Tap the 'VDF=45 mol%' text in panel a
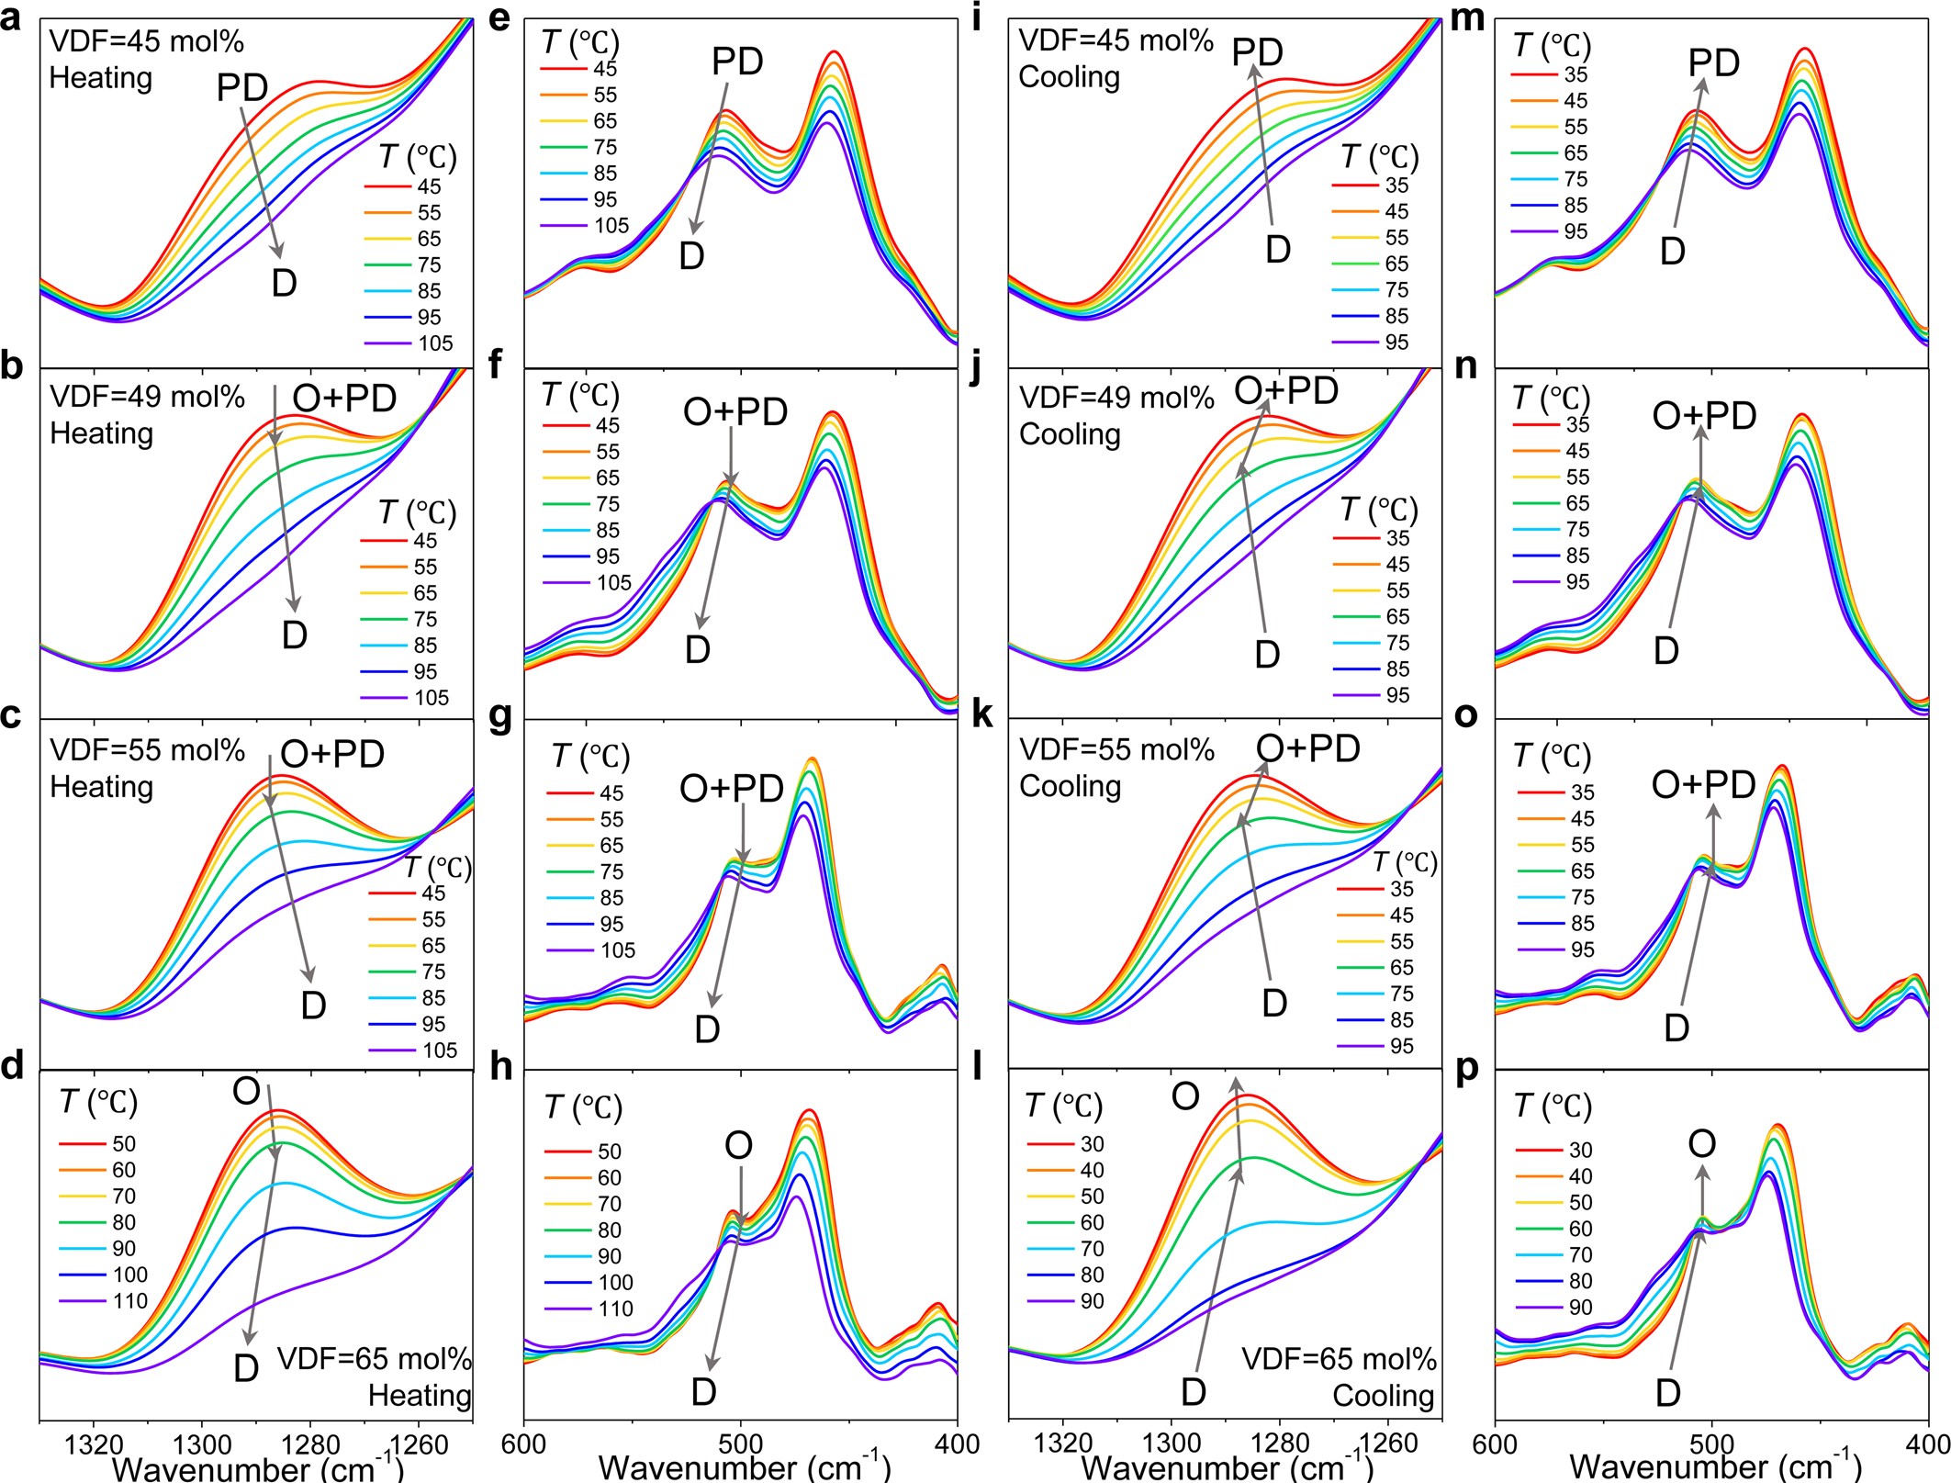[146, 42]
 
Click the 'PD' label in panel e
[737, 62]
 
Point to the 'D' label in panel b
[294, 635]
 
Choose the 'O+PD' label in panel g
[732, 788]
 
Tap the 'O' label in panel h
[739, 1145]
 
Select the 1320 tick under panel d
[93, 1444]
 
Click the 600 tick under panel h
[524, 1444]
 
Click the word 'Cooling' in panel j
[1070, 433]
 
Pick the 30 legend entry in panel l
[1092, 1144]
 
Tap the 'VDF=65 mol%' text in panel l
[1339, 1359]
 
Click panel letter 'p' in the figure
[1467, 1071]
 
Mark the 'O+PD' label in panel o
[1703, 784]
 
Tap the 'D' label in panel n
[1665, 651]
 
